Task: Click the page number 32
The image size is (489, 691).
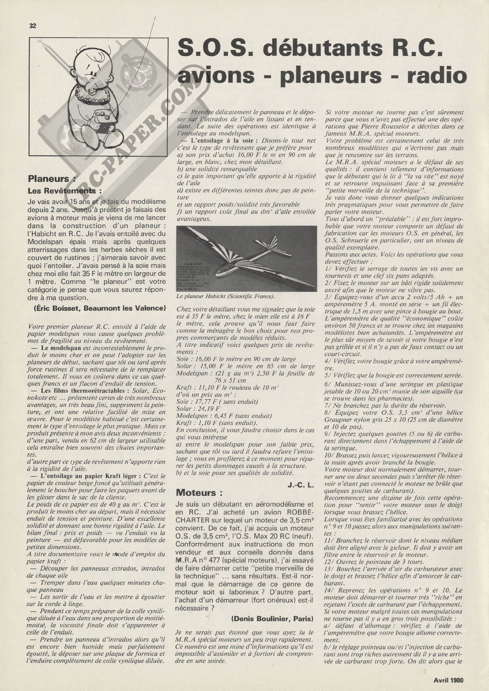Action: [x=33, y=26]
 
